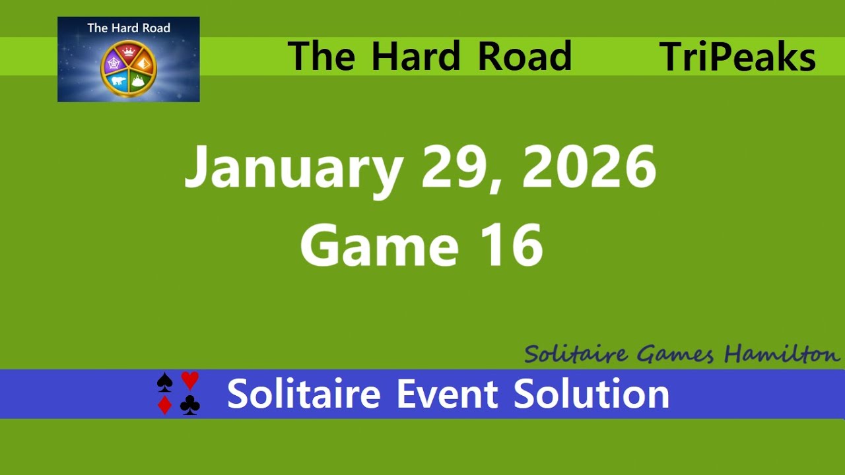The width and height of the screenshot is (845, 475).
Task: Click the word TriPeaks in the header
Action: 737,57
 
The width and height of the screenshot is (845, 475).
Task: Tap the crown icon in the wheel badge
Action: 129,51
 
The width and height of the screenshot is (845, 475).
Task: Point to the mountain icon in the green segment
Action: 139,81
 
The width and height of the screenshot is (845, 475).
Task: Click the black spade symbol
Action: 164,382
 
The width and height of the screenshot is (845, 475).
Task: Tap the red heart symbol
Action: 190,381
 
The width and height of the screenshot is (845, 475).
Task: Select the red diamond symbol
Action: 164,405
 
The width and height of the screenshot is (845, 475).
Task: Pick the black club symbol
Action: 190,405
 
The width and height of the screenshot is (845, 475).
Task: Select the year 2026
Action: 589,166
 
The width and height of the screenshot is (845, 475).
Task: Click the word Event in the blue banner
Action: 448,394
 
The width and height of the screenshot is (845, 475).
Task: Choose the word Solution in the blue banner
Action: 591,394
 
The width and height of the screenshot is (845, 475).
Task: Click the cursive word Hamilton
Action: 782,354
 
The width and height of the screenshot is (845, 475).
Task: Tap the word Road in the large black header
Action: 524,57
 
